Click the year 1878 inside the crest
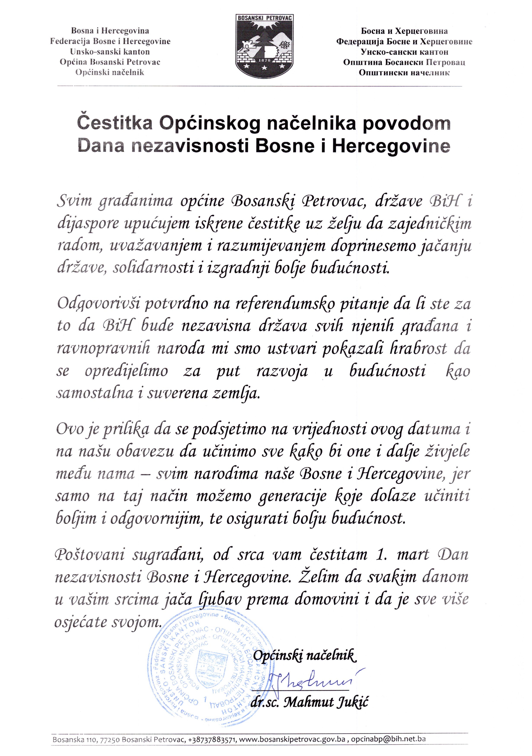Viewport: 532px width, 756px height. coord(265,61)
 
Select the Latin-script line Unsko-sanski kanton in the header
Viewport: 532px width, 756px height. coord(110,52)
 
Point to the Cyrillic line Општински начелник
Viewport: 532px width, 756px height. coord(404,72)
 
